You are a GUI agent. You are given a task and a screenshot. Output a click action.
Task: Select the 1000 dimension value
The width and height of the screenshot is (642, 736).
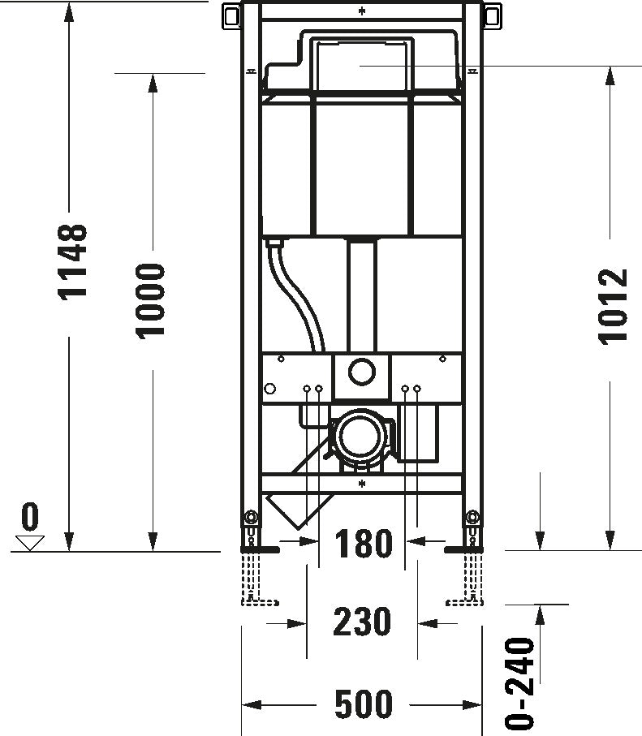[x=151, y=300]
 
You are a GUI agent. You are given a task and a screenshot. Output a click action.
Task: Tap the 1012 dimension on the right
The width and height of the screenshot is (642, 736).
[x=614, y=306]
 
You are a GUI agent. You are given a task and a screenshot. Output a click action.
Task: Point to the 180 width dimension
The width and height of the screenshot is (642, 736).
[x=363, y=544]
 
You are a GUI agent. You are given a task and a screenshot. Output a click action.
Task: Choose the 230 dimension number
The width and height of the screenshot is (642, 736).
[x=363, y=622]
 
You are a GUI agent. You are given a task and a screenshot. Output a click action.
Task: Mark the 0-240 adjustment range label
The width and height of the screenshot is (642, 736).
[x=519, y=682]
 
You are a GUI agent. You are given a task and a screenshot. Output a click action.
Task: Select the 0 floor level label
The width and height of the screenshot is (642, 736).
[x=30, y=516]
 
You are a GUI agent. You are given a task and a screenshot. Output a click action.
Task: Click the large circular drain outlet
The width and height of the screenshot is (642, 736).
[x=358, y=437]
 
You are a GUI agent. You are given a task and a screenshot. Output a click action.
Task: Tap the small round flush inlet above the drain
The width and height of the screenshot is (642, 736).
[x=362, y=372]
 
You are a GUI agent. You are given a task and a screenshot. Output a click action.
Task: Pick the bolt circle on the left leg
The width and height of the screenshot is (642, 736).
[x=252, y=517]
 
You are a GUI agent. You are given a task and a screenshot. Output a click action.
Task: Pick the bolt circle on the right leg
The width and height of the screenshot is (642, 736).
[x=472, y=517]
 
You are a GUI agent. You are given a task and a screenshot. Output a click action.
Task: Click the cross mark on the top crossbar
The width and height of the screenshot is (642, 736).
[x=362, y=11]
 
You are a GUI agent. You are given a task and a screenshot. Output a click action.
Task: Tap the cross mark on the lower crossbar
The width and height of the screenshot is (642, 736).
[x=362, y=484]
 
